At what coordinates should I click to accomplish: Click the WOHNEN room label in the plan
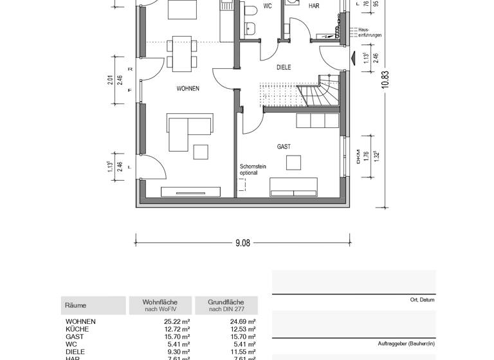[x=188, y=89]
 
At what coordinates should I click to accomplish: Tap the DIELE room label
[x=284, y=67]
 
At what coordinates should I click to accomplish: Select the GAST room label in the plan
[x=284, y=147]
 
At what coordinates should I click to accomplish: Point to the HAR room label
[x=314, y=6]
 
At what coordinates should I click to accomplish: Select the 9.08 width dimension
[x=242, y=243]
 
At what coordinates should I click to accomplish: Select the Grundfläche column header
[x=226, y=305]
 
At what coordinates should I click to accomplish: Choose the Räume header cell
[x=76, y=306]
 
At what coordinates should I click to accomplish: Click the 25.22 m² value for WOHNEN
[x=177, y=321]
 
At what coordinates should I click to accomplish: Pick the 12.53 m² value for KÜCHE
[x=243, y=329]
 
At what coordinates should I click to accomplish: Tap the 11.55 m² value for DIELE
[x=243, y=352]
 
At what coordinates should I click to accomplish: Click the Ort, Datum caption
[x=422, y=300]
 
